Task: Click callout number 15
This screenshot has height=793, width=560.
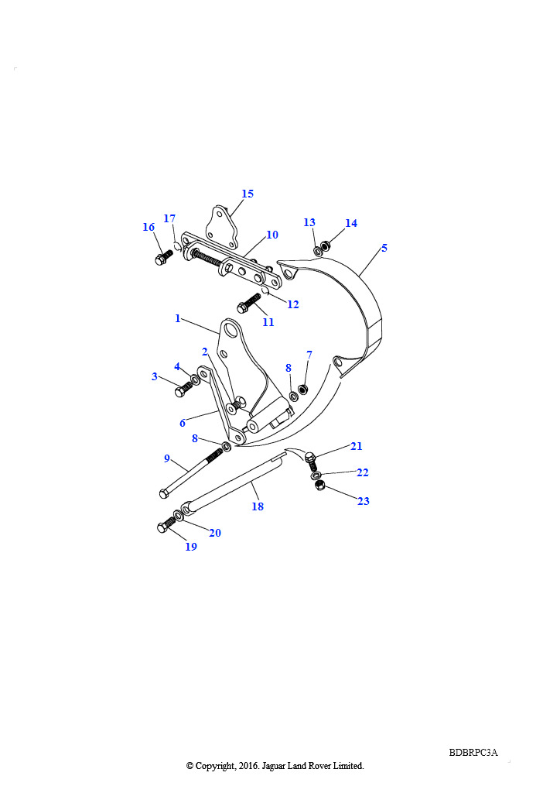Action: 248,194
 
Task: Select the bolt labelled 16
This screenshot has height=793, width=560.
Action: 163,257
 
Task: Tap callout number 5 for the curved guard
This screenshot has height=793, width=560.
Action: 384,248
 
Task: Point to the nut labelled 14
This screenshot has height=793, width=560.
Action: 326,245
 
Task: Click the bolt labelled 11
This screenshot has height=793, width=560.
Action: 248,302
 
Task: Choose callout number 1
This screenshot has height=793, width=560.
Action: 178,318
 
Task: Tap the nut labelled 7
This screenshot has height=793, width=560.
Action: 303,390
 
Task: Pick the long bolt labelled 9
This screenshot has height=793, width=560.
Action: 191,472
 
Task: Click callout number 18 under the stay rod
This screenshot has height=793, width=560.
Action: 258,506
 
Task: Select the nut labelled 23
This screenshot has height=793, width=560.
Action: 319,486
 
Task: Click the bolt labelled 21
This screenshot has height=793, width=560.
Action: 311,461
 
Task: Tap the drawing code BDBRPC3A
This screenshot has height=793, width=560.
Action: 473,753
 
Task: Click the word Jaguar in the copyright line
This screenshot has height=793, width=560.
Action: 274,766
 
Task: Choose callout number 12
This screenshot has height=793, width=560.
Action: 293,304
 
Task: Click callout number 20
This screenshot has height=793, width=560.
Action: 215,533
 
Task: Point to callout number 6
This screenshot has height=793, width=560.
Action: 183,424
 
